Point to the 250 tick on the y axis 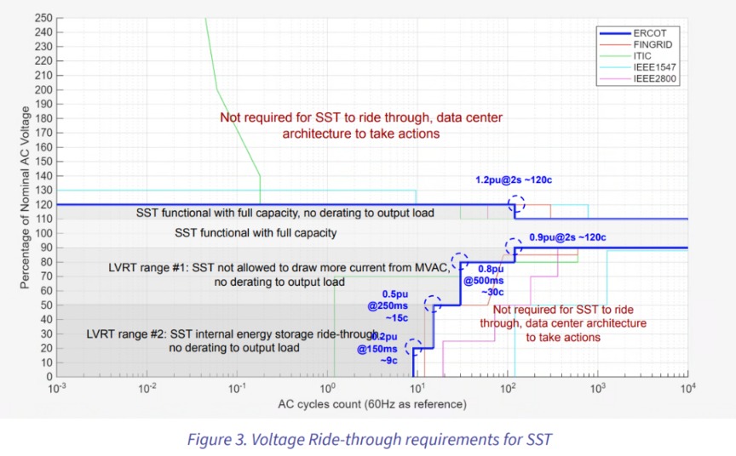[43, 18]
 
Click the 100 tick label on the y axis [43, 233]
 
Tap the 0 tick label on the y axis [49, 377]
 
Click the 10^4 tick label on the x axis [687, 388]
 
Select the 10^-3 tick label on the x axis [57, 388]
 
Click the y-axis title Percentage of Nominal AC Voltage [25, 197]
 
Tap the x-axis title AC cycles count [372, 404]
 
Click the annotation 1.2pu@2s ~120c [514, 180]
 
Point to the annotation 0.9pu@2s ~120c [567, 237]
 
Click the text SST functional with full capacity [256, 233]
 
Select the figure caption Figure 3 [369, 440]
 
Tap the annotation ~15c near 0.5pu [397, 318]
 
